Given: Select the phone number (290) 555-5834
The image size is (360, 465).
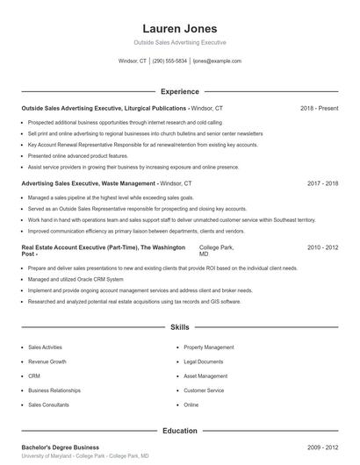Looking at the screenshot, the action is (169, 61).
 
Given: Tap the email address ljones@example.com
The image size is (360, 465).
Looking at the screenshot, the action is (217, 61).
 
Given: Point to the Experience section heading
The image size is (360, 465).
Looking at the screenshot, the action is (179, 91).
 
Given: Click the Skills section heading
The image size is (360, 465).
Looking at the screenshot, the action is (179, 327).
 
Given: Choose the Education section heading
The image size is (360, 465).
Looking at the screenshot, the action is (179, 431).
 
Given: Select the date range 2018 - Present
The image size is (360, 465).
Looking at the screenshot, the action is (319, 108).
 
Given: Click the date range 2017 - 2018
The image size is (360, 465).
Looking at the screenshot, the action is (322, 183).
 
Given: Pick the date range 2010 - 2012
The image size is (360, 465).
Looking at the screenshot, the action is (322, 248).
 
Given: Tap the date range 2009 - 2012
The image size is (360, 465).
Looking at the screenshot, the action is (322, 447).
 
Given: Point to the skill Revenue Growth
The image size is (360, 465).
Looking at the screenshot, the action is (47, 361).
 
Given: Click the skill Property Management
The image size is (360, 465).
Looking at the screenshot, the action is (209, 347).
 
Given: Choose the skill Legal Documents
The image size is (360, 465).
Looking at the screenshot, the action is (204, 361).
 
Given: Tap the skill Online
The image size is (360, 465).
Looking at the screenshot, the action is (191, 404).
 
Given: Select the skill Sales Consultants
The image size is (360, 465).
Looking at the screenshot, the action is (49, 404).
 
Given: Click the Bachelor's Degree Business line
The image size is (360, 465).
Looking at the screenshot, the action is (61, 447).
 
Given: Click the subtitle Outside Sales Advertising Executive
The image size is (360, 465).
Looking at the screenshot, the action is (179, 42).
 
